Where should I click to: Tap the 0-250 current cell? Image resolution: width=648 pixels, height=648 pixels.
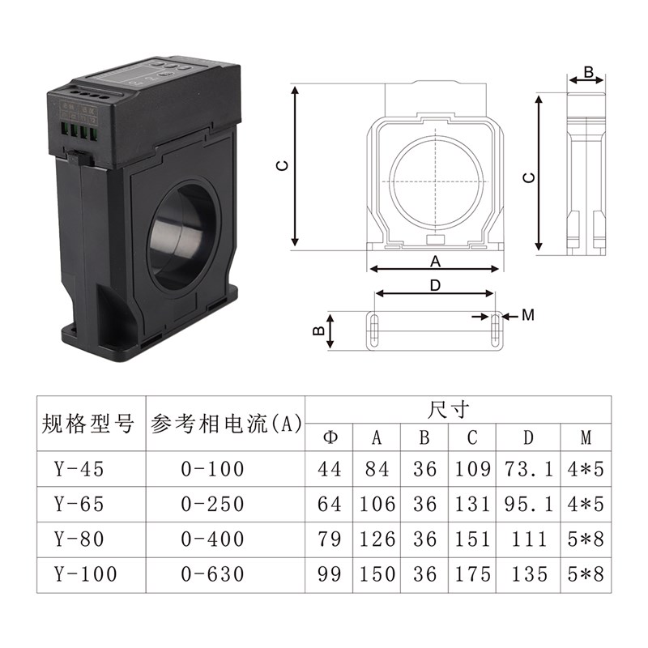[x=213, y=504]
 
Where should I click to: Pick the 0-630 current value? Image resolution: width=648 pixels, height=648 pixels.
[x=213, y=574]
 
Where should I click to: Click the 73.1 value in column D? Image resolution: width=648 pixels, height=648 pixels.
[x=527, y=468]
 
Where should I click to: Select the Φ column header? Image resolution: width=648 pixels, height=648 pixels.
[x=330, y=438]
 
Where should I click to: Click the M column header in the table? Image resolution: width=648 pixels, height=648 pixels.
[x=586, y=438]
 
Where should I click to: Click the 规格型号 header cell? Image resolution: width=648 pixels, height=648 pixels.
[x=87, y=424]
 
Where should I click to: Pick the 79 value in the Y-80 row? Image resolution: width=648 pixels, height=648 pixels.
[x=330, y=539]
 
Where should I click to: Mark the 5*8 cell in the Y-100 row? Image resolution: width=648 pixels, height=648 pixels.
[x=586, y=574]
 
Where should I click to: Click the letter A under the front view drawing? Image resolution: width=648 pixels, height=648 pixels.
[x=435, y=261]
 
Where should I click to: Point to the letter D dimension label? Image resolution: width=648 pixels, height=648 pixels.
[x=435, y=285]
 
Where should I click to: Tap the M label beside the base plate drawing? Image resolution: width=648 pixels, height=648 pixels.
[x=527, y=315]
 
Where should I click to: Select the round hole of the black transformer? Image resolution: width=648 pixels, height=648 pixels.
[x=185, y=236]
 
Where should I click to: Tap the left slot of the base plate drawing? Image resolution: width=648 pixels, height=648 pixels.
[x=374, y=330]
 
